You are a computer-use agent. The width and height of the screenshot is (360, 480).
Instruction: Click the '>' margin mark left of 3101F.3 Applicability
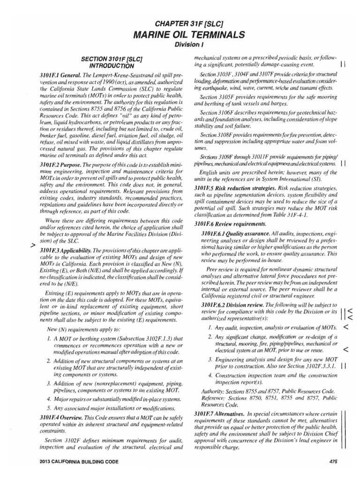tap(32, 245)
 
